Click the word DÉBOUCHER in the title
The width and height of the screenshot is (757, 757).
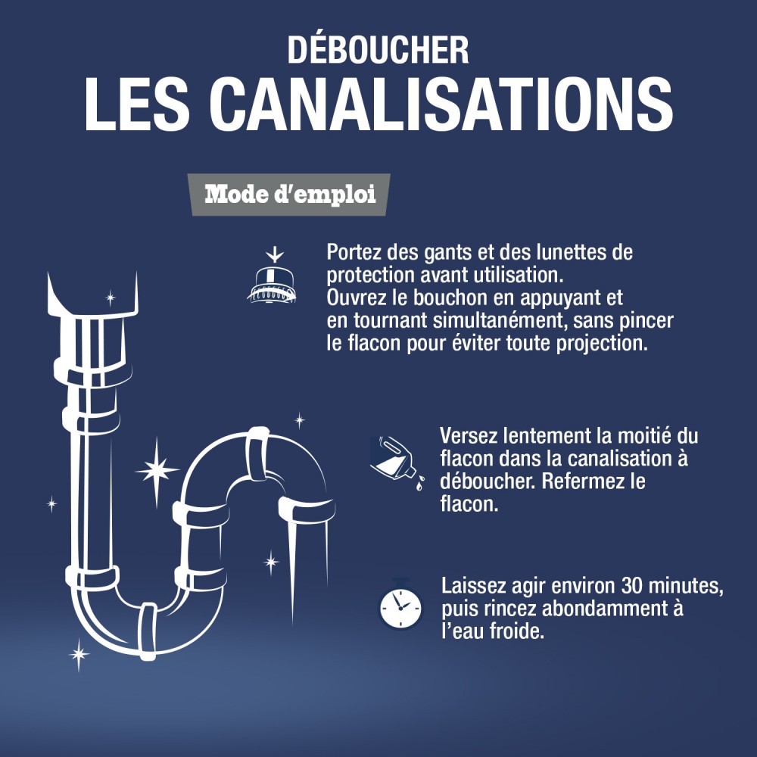(x=378, y=50)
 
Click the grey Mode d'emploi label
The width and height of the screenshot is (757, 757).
(x=291, y=195)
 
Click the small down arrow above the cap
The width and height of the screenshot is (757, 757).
(x=270, y=255)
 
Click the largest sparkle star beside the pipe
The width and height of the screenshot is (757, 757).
(x=157, y=470)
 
